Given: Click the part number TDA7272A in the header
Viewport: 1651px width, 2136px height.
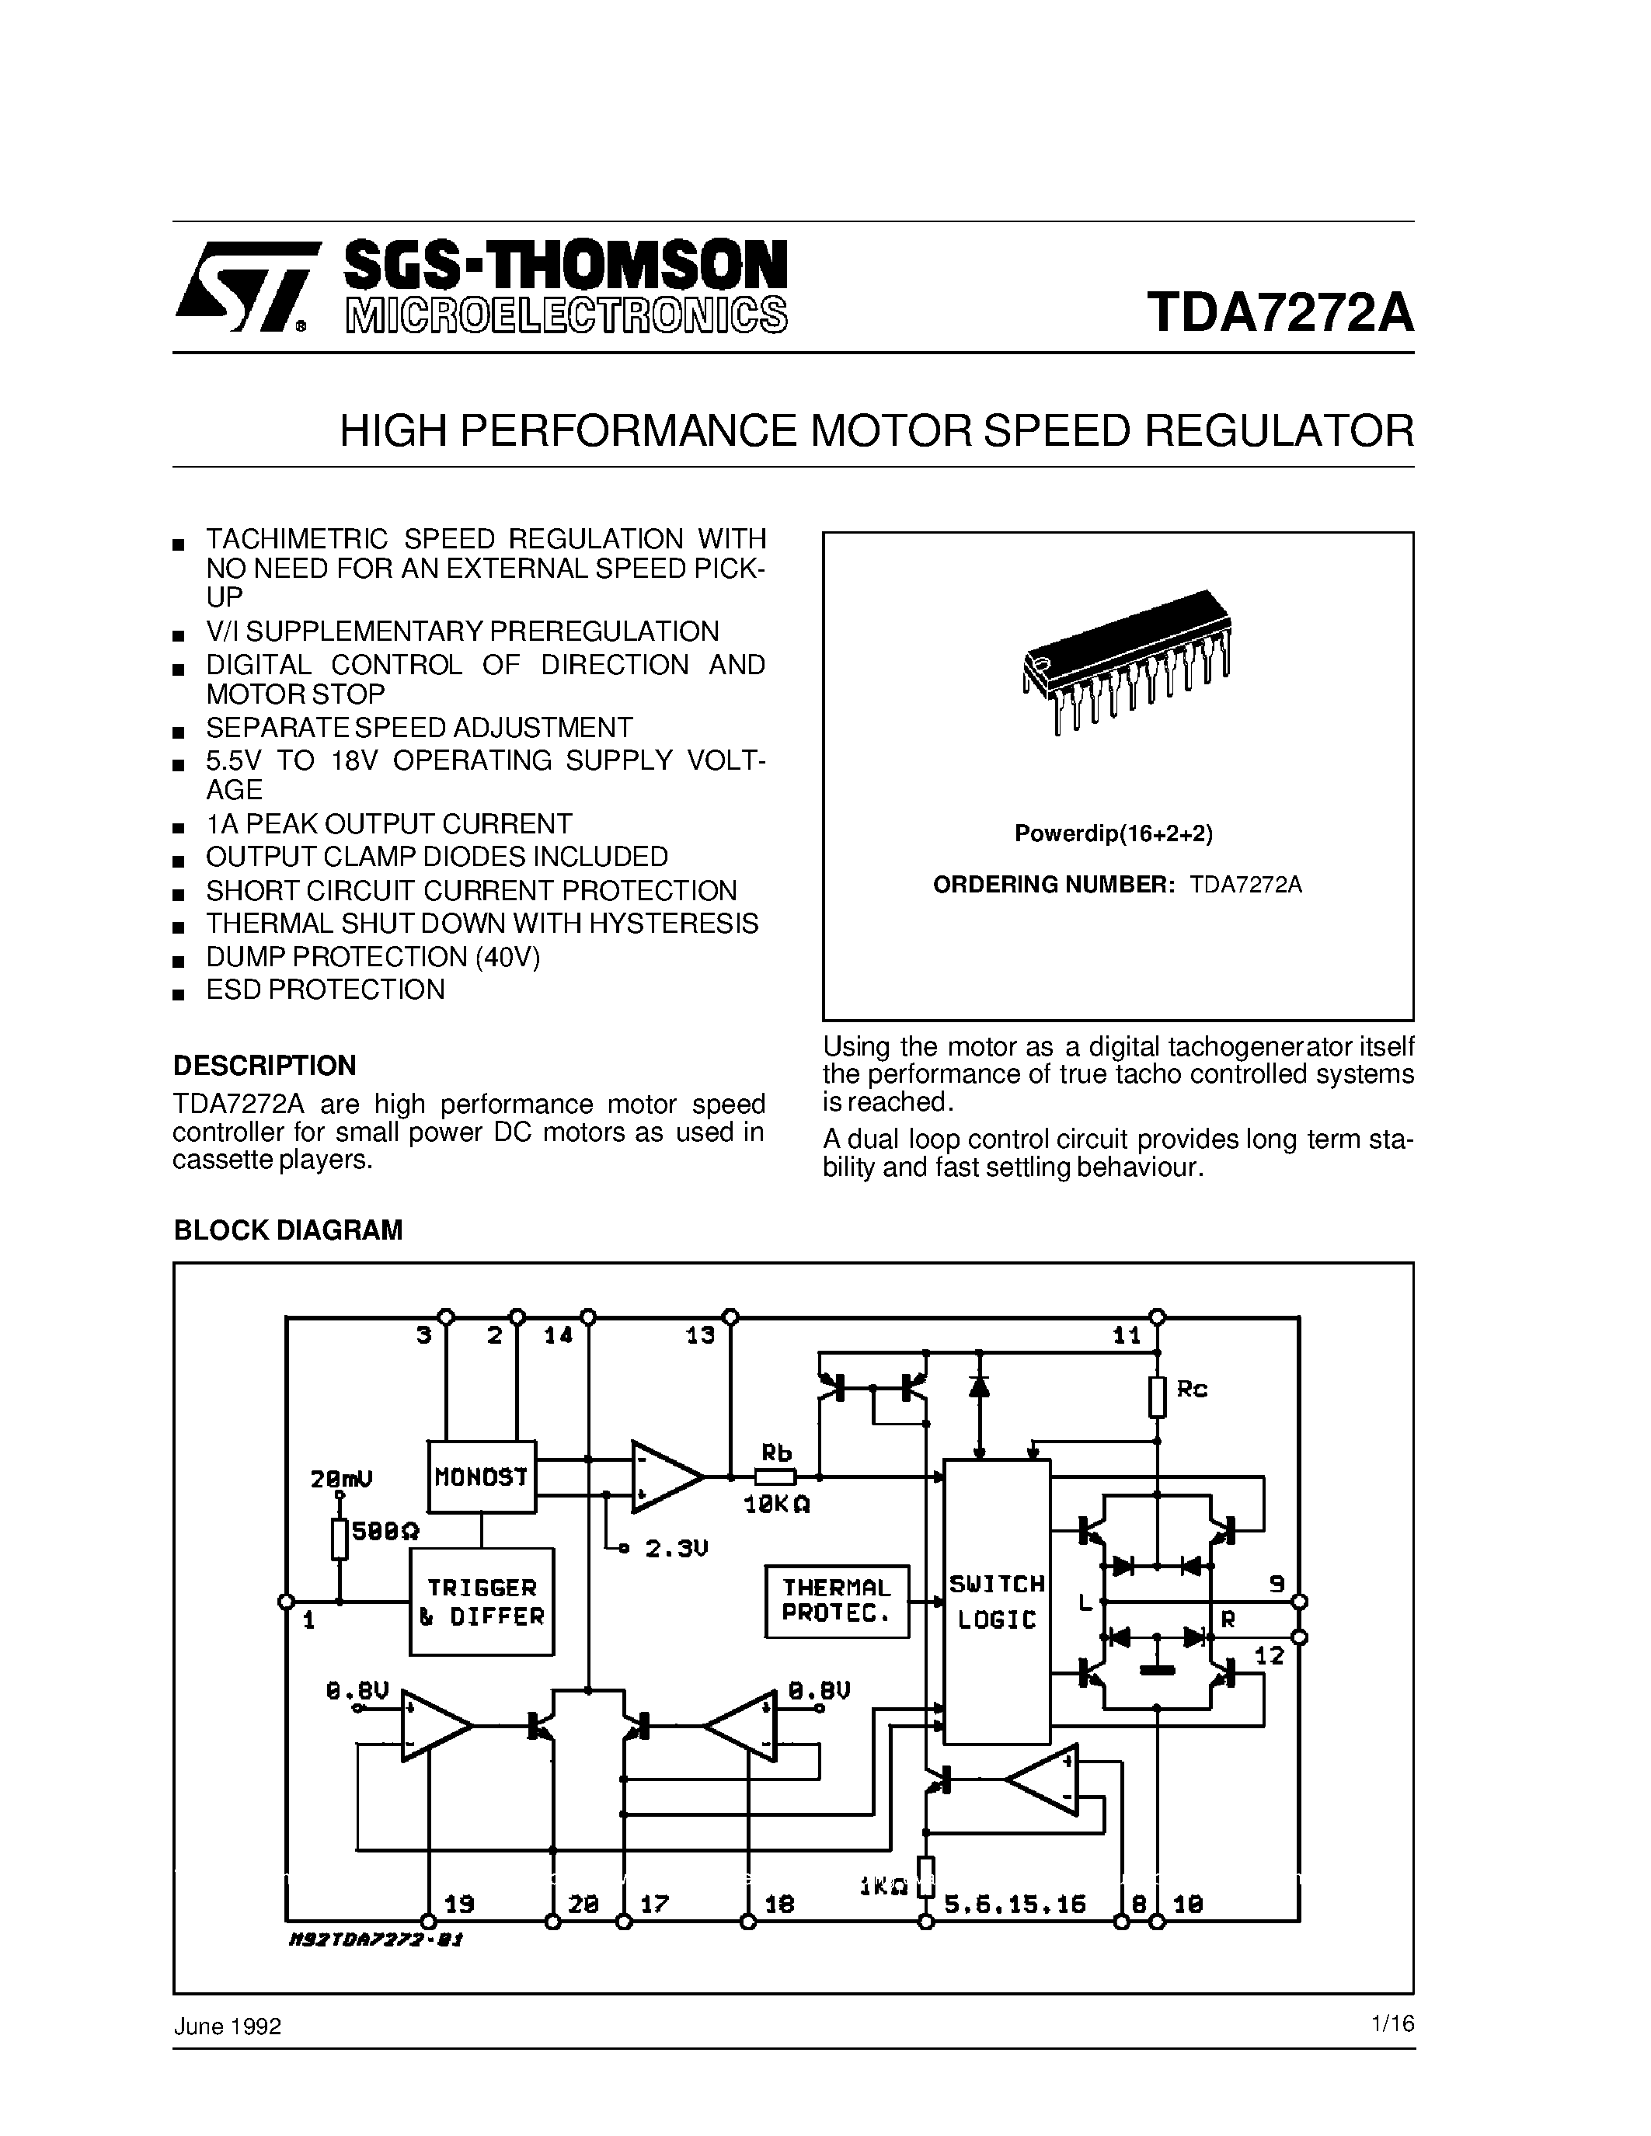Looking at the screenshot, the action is click(x=1280, y=313).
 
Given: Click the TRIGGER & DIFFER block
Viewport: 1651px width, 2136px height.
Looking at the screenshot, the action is click(x=481, y=1602).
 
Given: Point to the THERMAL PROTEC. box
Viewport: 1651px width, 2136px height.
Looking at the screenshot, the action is click(x=836, y=1601).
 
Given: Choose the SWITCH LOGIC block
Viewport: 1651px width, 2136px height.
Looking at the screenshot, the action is click(x=996, y=1601).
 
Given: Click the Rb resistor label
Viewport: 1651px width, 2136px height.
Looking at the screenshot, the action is click(x=775, y=1453).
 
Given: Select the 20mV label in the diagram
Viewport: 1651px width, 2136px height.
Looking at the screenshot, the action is click(x=341, y=1480).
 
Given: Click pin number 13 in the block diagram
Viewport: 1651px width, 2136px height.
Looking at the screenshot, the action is click(x=699, y=1336).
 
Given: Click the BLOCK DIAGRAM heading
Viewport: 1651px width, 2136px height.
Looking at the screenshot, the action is click(x=287, y=1230).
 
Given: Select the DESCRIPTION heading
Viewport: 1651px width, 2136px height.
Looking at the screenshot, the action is click(x=264, y=1065).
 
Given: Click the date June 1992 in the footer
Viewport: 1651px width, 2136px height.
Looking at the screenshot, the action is click(x=227, y=2026).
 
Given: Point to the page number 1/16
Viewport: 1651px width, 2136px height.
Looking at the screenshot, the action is click(x=1393, y=2024).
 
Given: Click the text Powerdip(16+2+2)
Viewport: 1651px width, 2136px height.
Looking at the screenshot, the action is click(x=1113, y=833).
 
